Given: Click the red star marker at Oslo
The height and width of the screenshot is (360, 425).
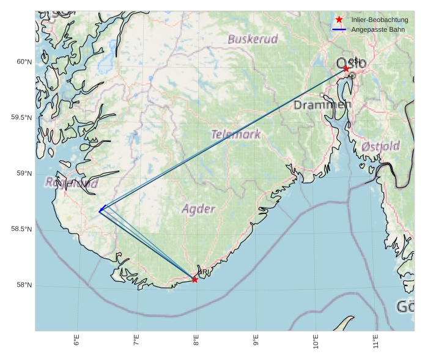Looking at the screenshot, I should pos(346,68).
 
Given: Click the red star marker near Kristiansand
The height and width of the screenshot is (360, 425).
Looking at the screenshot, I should pos(195,279).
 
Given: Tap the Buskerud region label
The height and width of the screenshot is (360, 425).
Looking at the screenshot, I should pos(253,39).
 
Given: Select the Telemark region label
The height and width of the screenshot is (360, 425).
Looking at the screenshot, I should pos(235,134).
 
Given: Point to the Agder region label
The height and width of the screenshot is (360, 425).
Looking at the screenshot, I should pos(199,209).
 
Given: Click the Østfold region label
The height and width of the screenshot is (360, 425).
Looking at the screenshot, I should pos(380,146).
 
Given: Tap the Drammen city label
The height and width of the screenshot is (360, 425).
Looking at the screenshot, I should pos(322,105).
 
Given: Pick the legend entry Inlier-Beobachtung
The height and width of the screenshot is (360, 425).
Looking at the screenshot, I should pos(379,20).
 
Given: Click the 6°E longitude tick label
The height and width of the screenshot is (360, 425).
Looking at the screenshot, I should pos(76,340).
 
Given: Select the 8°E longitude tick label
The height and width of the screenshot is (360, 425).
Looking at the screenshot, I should pos(196,340).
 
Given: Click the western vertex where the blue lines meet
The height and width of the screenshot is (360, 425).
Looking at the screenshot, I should pos(100,211).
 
